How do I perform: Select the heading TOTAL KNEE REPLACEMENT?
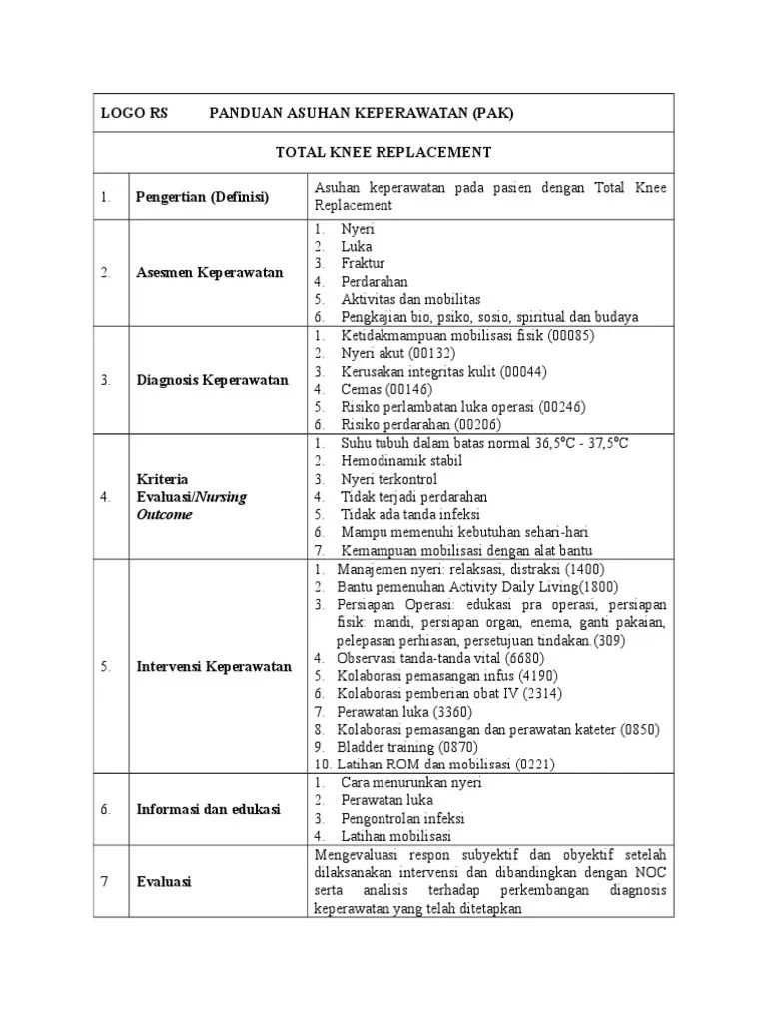[383, 153]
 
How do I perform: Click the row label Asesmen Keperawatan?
[210, 272]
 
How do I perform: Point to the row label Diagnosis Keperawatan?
[212, 380]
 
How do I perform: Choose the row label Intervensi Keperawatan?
[214, 666]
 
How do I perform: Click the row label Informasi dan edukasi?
[209, 809]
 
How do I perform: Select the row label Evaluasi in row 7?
[165, 882]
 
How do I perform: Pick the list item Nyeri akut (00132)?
[397, 353]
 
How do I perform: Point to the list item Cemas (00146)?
[387, 389]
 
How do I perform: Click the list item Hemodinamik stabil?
[400, 460]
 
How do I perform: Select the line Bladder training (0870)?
[407, 747]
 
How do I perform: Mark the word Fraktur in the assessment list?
[363, 263]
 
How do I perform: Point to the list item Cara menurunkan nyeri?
[410, 782]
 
